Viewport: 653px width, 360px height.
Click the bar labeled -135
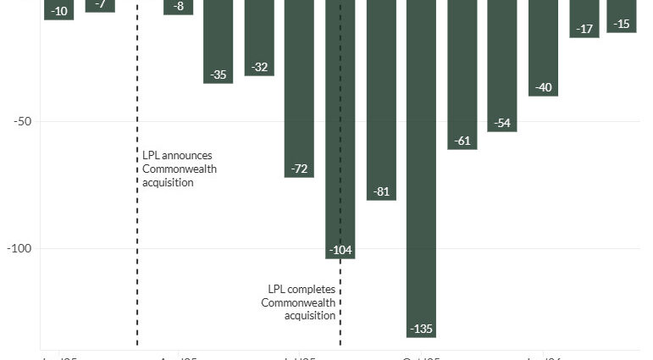pyautogui.click(x=421, y=169)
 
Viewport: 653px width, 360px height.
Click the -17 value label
pyautogui.click(x=584, y=29)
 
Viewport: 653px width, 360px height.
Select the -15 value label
pyautogui.click(x=623, y=24)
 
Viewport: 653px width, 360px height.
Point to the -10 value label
pyautogui.click(x=59, y=11)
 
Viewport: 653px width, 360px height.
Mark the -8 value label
pyautogui.click(x=178, y=7)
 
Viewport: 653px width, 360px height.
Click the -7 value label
pyautogui.click(x=101, y=4)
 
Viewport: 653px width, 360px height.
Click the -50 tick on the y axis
pyautogui.click(x=22, y=121)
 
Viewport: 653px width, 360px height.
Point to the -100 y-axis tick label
pyautogui.click(x=19, y=248)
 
